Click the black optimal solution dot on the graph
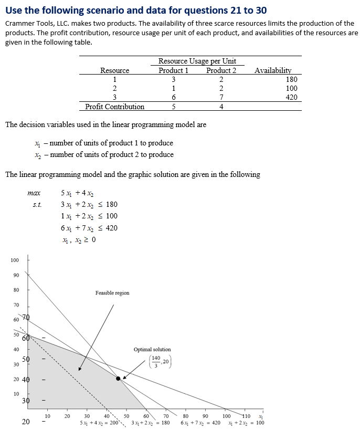[118, 378]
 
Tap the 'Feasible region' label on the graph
[112, 292]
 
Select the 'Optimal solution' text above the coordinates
[152, 349]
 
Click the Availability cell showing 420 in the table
[291, 97]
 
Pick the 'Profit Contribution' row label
[114, 107]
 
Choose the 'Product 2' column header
[221, 70]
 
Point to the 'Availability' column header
[272, 70]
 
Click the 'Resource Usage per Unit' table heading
[197, 61]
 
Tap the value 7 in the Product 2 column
[221, 97]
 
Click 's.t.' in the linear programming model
[37, 205]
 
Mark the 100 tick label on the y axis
[15, 260]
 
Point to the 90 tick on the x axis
[206, 416]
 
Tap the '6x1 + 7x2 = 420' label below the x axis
[200, 423]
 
